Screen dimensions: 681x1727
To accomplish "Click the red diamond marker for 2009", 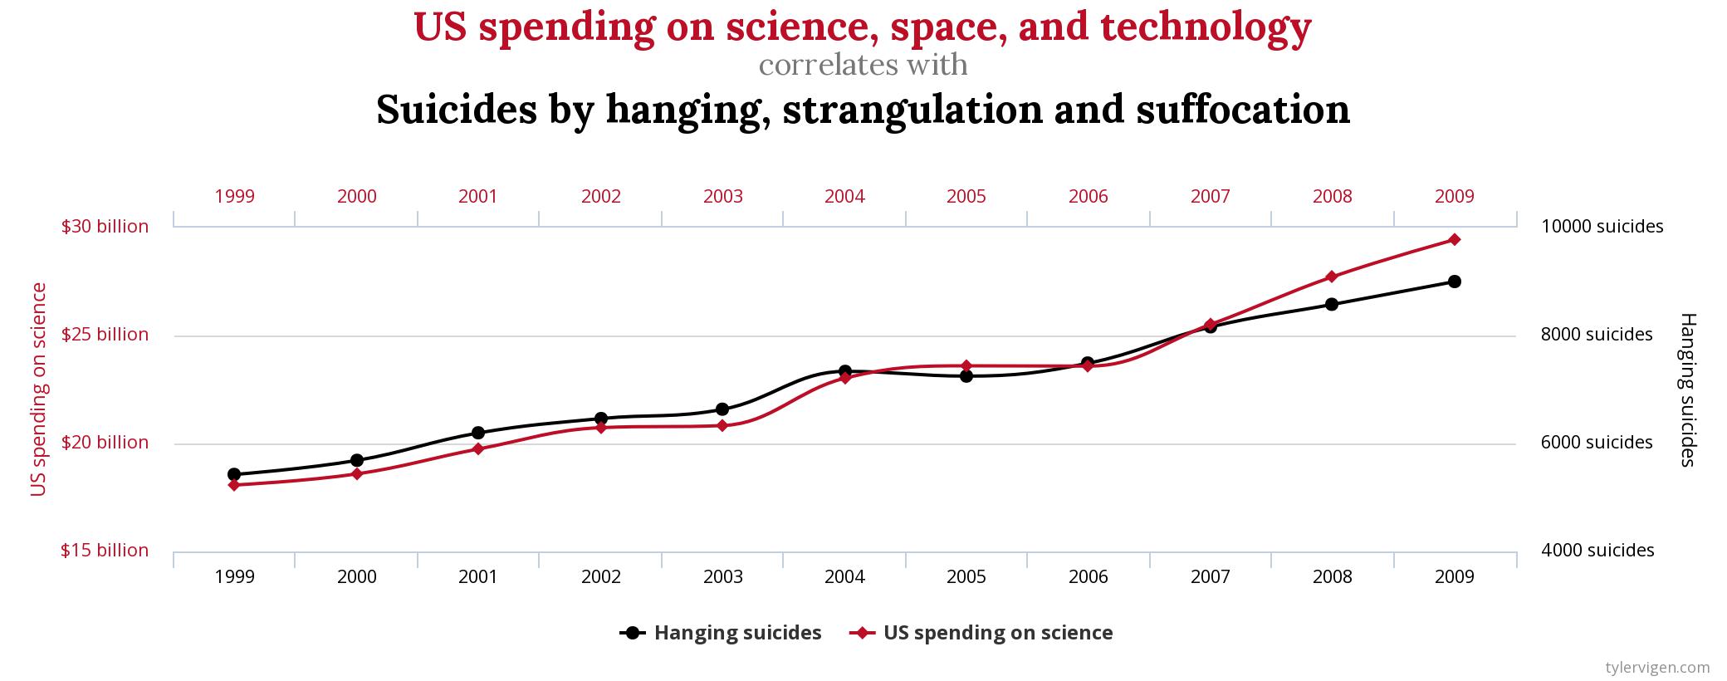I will (x=1454, y=239).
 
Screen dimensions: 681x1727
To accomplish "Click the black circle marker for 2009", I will (x=1454, y=282).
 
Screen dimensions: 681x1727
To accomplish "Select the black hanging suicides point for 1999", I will (x=234, y=474).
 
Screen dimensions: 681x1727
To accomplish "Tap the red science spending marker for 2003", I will (x=722, y=425).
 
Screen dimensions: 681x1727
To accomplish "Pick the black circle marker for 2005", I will (x=966, y=375).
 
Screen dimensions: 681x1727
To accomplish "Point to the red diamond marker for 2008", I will (x=1332, y=277).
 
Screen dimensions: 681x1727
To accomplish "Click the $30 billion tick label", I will (x=105, y=226).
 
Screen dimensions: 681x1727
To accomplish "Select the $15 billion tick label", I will (x=105, y=550).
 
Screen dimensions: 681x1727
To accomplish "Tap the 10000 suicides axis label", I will (x=1602, y=226).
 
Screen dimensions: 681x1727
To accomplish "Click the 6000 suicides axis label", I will (x=1597, y=442).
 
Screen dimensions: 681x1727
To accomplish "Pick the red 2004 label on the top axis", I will (x=844, y=196).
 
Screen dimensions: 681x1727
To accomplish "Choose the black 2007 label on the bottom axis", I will (x=1210, y=576).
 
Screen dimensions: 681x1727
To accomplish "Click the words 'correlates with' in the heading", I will (x=863, y=65).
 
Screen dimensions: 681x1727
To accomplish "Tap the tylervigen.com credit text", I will (x=1657, y=667).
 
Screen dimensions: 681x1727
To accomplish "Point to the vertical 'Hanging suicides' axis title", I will (x=1687, y=389).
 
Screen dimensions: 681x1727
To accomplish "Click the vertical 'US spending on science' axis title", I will (x=37, y=389).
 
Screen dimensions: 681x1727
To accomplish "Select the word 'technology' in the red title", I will (x=1206, y=27).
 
